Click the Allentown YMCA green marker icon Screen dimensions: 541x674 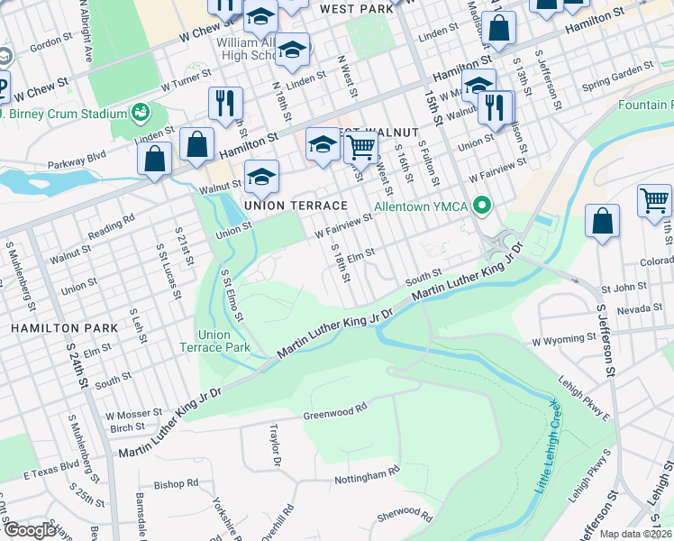tap(482, 206)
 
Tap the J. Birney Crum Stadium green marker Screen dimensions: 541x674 tap(140, 113)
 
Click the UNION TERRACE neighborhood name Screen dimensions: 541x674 tap(296, 206)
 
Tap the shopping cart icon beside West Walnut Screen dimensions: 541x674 tap(361, 148)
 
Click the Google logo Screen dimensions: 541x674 tap(30, 530)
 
